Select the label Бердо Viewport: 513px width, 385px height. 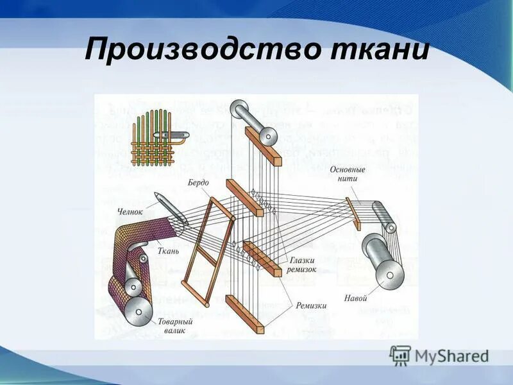[199, 183]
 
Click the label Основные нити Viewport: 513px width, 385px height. [348, 175]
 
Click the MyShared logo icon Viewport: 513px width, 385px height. [400, 355]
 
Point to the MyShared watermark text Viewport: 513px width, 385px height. [451, 355]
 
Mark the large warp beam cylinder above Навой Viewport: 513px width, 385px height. [383, 260]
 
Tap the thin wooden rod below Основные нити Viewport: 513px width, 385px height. [353, 210]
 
